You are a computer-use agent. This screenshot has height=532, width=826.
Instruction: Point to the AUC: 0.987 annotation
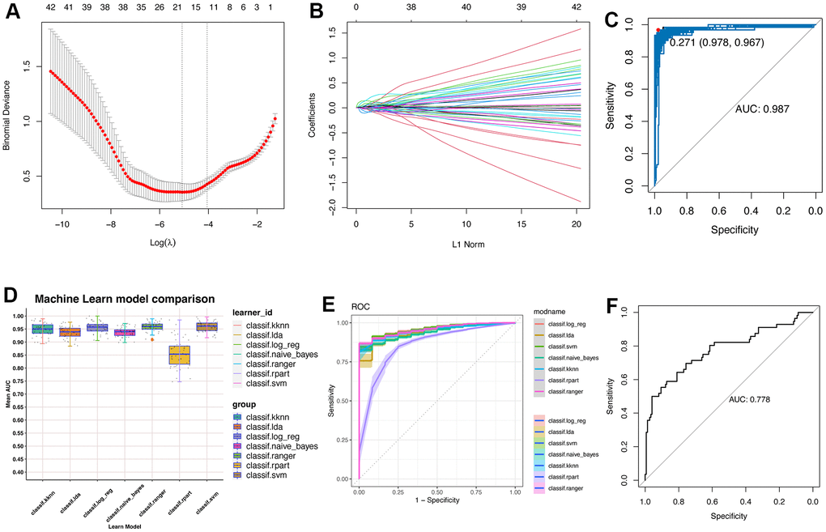click(763, 108)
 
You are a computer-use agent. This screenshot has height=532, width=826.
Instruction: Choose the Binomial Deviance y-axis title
click(8, 120)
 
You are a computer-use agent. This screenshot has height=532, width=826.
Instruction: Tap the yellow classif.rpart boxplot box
click(180, 355)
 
